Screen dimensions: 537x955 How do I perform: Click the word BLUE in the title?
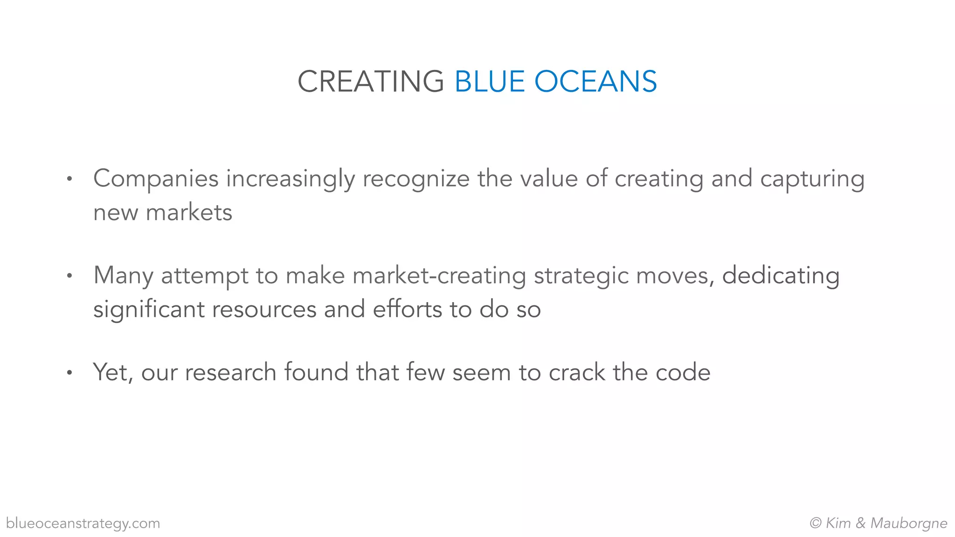pos(490,82)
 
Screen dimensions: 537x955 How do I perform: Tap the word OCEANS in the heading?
pos(595,82)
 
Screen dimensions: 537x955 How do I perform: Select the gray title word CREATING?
pos(371,82)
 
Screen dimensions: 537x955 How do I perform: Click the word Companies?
pos(156,179)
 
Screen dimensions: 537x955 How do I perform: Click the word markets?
pos(189,213)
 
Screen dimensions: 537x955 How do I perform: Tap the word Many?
pos(123,276)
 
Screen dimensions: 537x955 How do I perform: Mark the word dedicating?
pos(781,276)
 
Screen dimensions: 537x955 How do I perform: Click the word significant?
pos(149,310)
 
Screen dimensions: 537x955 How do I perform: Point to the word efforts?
pos(407,310)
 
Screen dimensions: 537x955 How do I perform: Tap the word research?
pos(230,372)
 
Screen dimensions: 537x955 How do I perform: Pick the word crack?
pos(576,372)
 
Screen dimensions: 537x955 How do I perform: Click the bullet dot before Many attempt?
pos(69,275)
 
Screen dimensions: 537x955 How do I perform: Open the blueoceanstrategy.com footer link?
pos(83,523)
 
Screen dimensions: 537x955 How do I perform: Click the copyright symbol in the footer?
pos(816,523)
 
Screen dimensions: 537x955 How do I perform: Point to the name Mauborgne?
pos(909,523)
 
